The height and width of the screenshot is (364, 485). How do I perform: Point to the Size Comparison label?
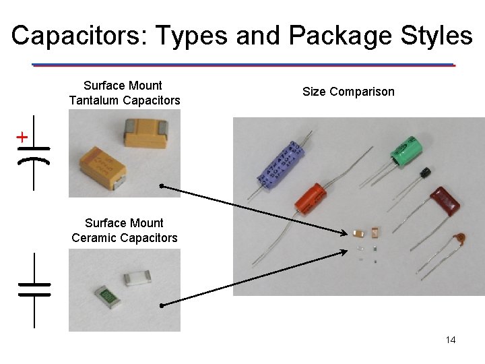[x=348, y=92]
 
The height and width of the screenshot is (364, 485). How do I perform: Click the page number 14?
[x=451, y=340]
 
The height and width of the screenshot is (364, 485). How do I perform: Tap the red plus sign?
[x=22, y=138]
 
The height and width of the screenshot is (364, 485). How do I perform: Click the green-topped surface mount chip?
[x=104, y=295]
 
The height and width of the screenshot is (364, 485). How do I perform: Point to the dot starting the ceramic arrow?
[x=162, y=307]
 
